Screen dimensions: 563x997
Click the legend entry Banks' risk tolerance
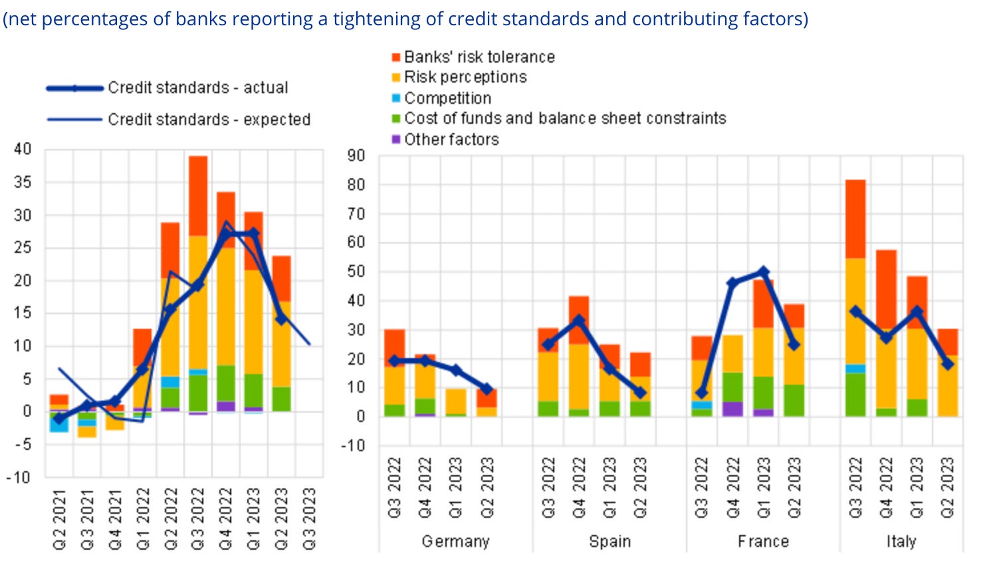coord(479,57)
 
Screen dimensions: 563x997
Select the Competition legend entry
coord(447,98)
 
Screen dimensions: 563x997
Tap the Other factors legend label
coord(451,140)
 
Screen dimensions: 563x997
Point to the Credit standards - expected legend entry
coord(209,120)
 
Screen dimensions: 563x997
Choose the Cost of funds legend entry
coord(565,118)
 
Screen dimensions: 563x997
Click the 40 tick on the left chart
coord(23,149)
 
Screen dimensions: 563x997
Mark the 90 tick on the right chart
coord(356,156)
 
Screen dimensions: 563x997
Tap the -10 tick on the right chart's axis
coord(353,446)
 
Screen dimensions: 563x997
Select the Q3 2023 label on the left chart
coord(310,519)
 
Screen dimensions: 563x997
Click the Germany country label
coord(455,542)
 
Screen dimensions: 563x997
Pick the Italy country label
coord(901,542)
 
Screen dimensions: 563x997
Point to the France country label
coord(763,542)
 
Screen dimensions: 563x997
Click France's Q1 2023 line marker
coord(763,272)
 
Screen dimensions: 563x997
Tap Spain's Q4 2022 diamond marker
coord(579,321)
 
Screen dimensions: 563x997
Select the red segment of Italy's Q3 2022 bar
coord(855,218)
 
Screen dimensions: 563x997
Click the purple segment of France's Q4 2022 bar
coord(732,409)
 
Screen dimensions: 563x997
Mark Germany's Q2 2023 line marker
coord(487,389)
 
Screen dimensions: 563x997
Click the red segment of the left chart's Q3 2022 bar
coord(198,195)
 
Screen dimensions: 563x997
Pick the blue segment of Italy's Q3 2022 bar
coord(855,369)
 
